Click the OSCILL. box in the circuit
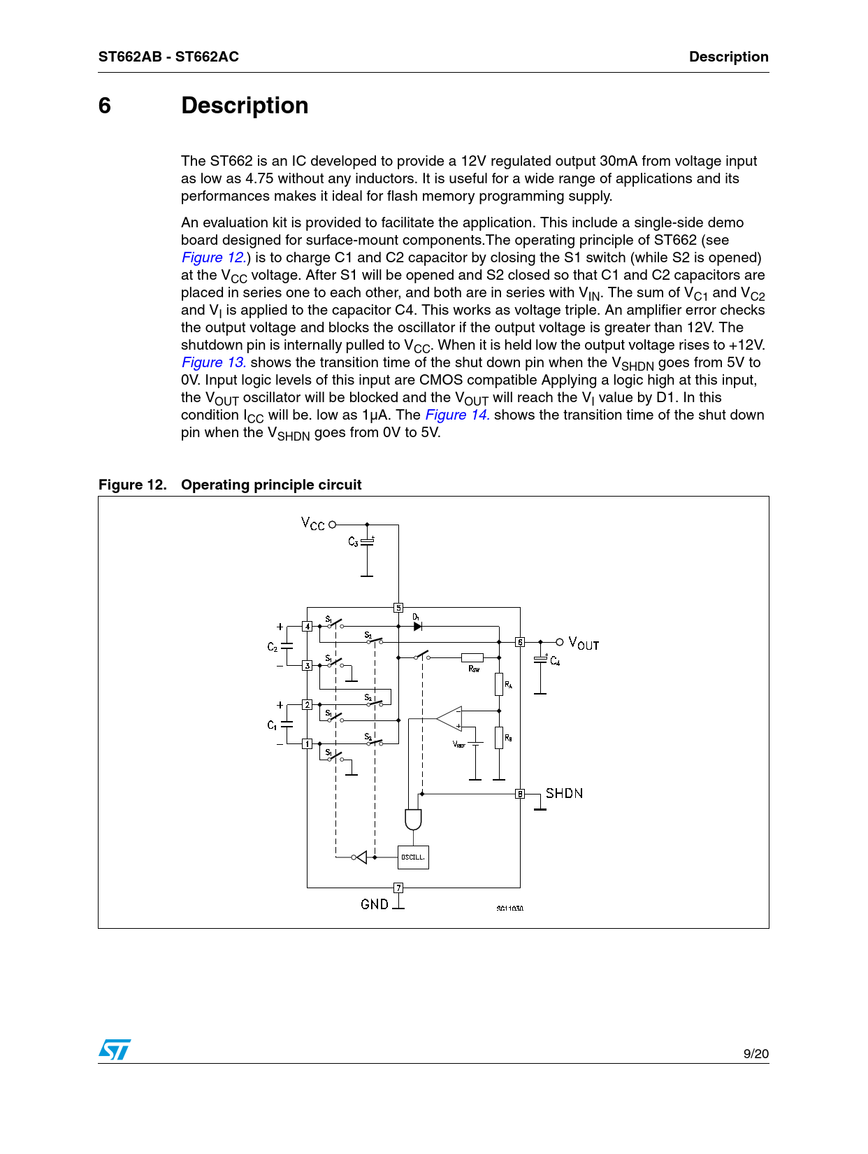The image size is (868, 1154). point(413,857)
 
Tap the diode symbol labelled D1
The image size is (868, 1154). point(418,627)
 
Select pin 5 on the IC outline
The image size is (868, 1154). point(398,608)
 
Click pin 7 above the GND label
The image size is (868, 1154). point(398,888)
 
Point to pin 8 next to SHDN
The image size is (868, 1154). point(520,794)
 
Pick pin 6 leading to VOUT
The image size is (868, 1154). point(520,642)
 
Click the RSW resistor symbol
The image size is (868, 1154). point(472,657)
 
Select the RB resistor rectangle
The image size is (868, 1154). point(499,738)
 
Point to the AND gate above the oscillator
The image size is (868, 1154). point(413,819)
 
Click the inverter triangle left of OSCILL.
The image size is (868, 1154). point(361,857)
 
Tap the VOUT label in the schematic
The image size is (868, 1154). point(584,643)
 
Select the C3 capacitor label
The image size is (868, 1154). point(354,542)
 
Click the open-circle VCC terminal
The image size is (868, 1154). point(332,524)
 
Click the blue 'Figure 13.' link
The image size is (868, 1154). point(213,362)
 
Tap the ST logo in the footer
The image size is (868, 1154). point(115,1049)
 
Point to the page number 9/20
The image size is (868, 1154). point(755,1054)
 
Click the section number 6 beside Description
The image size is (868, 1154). point(105,106)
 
